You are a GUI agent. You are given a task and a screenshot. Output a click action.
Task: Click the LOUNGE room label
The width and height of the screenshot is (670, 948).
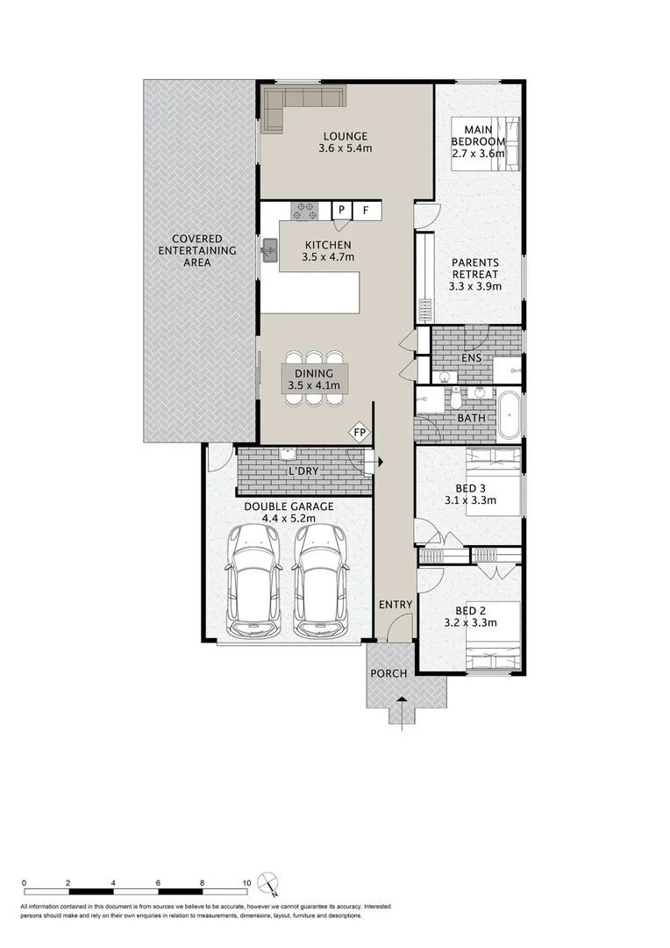tap(345, 136)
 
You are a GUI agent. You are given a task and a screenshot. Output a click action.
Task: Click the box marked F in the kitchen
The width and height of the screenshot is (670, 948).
tap(367, 211)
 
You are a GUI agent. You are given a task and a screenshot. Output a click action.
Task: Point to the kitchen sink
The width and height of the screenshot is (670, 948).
tap(269, 253)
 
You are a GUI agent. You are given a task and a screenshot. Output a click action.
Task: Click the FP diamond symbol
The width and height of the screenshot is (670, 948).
tap(359, 432)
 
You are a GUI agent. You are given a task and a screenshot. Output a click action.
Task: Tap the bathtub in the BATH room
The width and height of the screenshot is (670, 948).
tap(509, 416)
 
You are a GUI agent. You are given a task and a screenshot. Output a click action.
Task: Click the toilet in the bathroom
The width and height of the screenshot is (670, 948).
tap(456, 399)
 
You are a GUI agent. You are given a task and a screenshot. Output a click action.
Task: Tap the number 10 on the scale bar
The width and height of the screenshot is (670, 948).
tap(246, 883)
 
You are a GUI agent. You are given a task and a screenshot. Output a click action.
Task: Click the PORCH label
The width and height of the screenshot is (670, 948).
tap(388, 673)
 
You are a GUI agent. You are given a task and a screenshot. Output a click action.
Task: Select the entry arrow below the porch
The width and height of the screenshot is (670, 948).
tap(402, 707)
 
